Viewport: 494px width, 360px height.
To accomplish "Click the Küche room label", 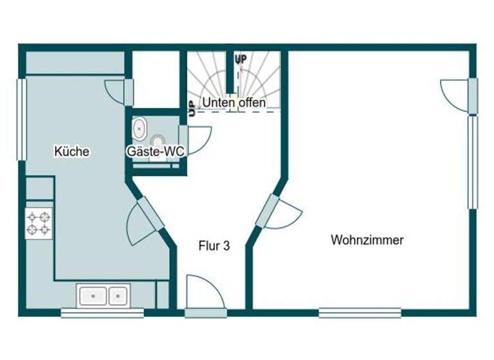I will click(71, 152).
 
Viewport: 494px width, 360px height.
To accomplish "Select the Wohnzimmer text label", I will click(367, 240).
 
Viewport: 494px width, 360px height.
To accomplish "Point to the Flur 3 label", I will click(214, 245).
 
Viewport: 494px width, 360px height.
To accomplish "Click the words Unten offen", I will click(233, 103).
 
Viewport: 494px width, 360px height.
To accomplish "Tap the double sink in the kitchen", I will click(103, 296).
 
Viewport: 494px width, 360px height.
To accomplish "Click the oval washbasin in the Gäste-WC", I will click(139, 129).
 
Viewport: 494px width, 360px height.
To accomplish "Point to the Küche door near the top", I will click(120, 91).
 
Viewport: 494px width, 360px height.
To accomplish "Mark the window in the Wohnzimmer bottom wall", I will click(360, 313).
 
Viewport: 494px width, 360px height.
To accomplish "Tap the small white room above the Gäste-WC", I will click(154, 80).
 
